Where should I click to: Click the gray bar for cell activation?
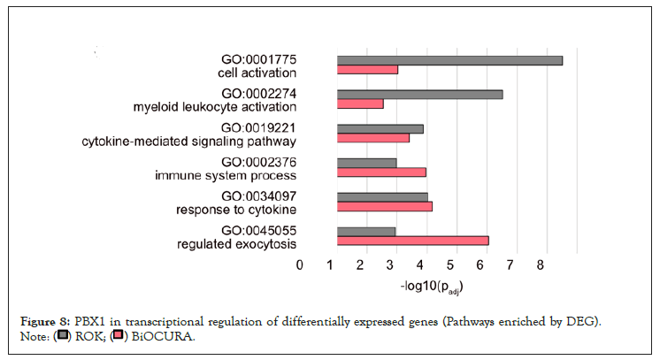tap(449, 60)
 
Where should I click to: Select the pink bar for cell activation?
tap(367, 70)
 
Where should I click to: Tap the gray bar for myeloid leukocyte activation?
tap(419, 94)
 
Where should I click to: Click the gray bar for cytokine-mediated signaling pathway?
tap(380, 128)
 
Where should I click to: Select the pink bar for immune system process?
tap(381, 172)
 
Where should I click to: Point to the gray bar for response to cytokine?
tap(382, 197)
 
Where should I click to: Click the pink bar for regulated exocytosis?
tap(412, 241)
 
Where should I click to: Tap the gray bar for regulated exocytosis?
tap(366, 231)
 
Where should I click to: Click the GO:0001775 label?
tap(257, 59)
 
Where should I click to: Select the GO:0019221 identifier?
tap(257, 127)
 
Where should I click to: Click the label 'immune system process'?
tap(226, 176)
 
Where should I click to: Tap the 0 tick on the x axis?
tap(301, 264)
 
